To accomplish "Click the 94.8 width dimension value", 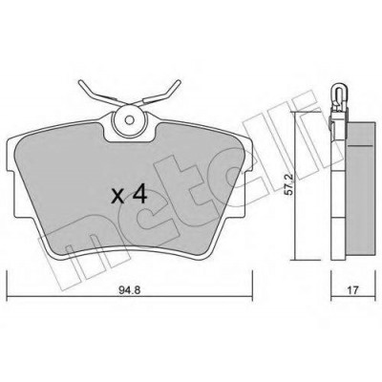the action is [129, 290].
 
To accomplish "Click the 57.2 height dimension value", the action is [290, 190].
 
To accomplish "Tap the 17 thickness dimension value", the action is [353, 290].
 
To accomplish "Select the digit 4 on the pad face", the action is [139, 195].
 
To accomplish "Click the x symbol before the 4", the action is [118, 197].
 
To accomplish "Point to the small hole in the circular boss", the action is [130, 120].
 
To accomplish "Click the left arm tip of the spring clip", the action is [80, 83].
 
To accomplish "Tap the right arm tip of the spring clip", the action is [178, 82].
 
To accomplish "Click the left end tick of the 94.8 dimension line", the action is [7, 286].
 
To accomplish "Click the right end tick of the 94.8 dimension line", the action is [252, 286].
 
